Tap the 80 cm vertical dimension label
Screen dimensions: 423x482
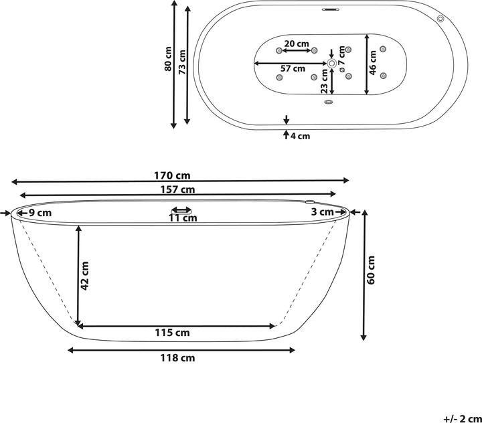(169, 59)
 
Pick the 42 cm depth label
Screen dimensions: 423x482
(84, 275)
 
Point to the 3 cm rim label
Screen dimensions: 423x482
(323, 212)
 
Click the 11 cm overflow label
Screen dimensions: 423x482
(182, 218)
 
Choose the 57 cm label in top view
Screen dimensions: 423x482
(293, 68)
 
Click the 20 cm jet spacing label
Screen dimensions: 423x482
(297, 44)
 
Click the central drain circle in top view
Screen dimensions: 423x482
(331, 63)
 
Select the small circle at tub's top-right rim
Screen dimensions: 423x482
(440, 19)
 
